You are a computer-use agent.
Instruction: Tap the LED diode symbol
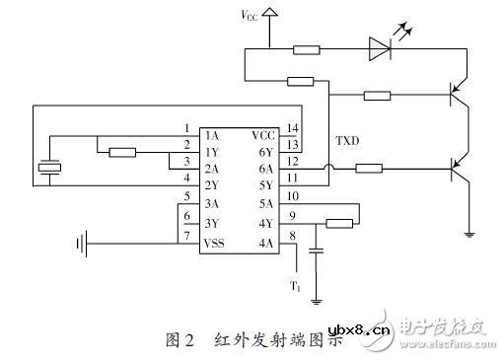pyautogui.click(x=380, y=45)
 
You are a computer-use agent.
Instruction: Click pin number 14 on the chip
pyautogui.click(x=293, y=128)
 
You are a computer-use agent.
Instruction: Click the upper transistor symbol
pyautogui.click(x=459, y=97)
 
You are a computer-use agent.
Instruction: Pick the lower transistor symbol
pyautogui.click(x=459, y=169)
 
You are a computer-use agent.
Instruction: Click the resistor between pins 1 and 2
pyautogui.click(x=123, y=152)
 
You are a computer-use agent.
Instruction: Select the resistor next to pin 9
pyautogui.click(x=337, y=223)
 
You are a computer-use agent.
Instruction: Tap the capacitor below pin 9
pyautogui.click(x=316, y=252)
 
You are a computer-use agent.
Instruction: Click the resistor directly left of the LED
pyautogui.click(x=307, y=46)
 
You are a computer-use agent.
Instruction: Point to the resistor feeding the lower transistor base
pyautogui.click(x=368, y=169)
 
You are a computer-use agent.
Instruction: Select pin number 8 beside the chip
pyautogui.click(x=293, y=235)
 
